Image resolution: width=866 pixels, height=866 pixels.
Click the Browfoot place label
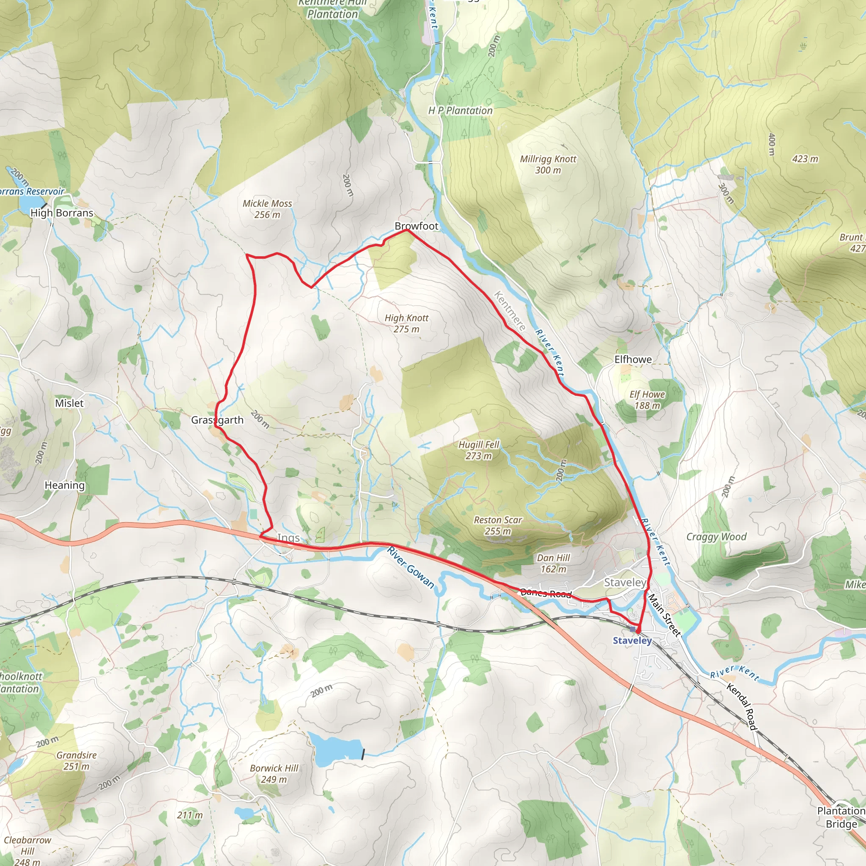(x=416, y=226)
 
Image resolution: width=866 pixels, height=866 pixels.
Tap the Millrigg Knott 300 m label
(x=548, y=164)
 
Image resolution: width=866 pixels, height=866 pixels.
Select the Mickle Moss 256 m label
(x=267, y=209)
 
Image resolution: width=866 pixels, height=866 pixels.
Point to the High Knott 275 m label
(x=406, y=323)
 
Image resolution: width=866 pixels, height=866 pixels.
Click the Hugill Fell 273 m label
(x=478, y=450)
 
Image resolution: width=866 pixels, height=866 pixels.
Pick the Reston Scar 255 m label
(x=498, y=525)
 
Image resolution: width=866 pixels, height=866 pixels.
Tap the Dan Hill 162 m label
(x=553, y=563)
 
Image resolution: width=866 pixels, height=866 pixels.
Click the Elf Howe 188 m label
(x=647, y=400)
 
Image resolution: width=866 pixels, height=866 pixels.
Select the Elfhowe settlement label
(x=633, y=359)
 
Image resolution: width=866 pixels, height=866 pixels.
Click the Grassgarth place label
(x=217, y=420)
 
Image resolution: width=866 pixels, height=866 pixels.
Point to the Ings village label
(x=288, y=537)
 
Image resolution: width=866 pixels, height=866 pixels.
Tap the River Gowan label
(x=411, y=567)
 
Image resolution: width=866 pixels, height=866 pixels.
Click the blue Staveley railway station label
(x=632, y=641)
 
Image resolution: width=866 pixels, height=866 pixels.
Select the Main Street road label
(x=664, y=614)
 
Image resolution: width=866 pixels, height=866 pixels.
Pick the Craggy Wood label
(x=716, y=537)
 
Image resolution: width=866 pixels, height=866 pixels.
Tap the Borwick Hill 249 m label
(x=274, y=774)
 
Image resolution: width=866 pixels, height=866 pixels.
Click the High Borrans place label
(x=62, y=213)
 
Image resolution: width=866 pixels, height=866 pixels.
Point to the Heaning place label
(x=65, y=485)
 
